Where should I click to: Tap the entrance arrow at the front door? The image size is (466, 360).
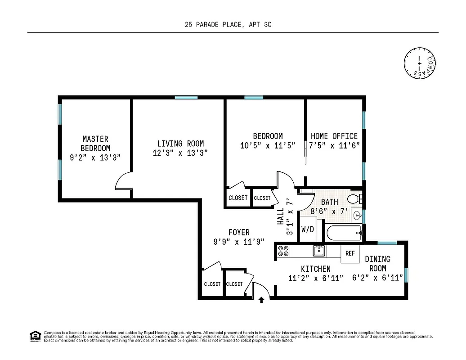261,301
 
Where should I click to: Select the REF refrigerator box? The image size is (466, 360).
350,253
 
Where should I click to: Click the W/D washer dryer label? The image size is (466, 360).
308,229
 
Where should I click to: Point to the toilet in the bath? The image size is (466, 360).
355,199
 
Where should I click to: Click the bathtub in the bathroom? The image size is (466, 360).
345,233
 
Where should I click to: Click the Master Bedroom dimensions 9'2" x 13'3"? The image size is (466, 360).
95,157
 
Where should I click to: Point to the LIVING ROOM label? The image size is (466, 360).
180,144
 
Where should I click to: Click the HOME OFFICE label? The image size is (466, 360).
334,136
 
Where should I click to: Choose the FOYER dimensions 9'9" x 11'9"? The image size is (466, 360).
239,242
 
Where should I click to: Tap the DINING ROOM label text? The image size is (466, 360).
377,263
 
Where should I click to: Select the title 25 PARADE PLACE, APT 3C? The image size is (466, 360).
228,26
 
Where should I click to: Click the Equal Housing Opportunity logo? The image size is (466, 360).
34,336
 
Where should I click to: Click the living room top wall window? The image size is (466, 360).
186,97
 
